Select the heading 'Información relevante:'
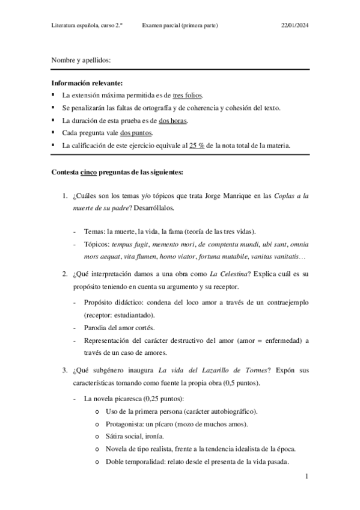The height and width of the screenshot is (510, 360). tap(87, 83)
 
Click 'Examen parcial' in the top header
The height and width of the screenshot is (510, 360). tap(163, 25)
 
